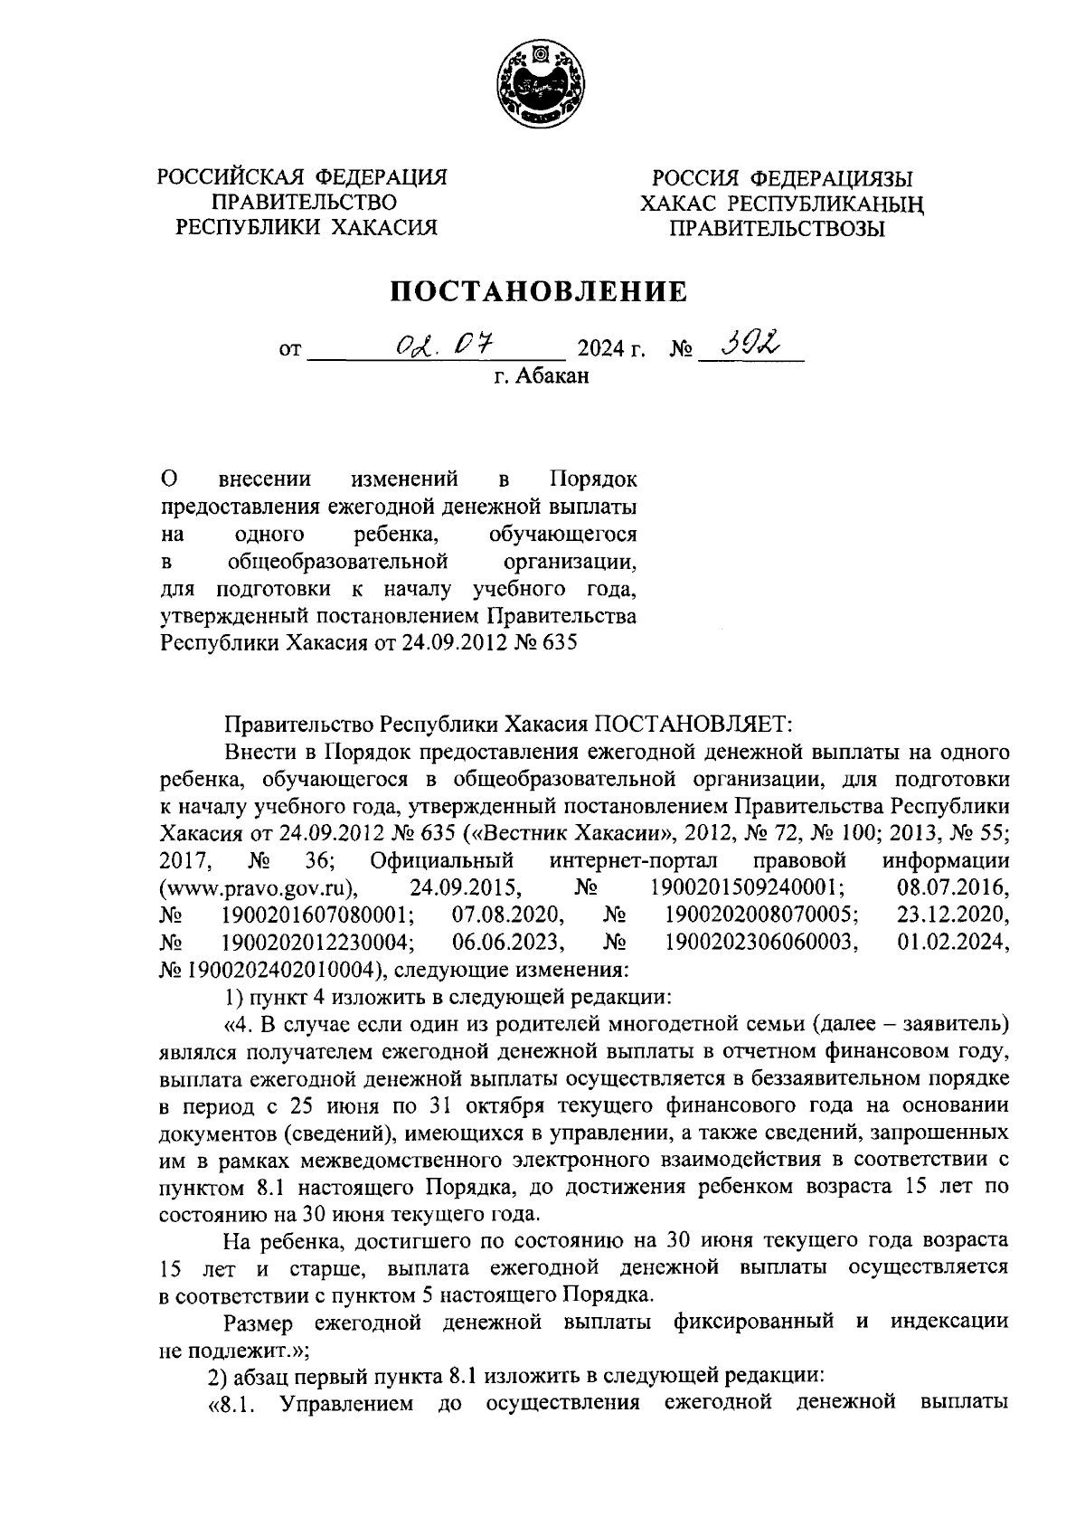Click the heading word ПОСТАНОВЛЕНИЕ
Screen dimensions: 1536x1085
point(539,291)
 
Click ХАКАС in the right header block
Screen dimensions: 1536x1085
point(682,204)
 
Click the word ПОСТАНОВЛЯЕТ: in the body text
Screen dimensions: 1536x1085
point(694,725)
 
